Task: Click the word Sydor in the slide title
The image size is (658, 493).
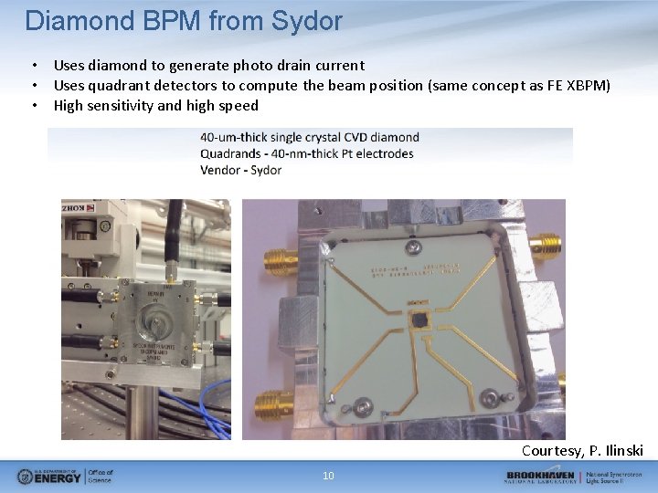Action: pyautogui.click(x=307, y=20)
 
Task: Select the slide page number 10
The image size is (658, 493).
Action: pyautogui.click(x=328, y=475)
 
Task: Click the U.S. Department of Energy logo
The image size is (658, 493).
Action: pyautogui.click(x=64, y=476)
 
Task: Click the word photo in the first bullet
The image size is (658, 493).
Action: pyautogui.click(x=235, y=65)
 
